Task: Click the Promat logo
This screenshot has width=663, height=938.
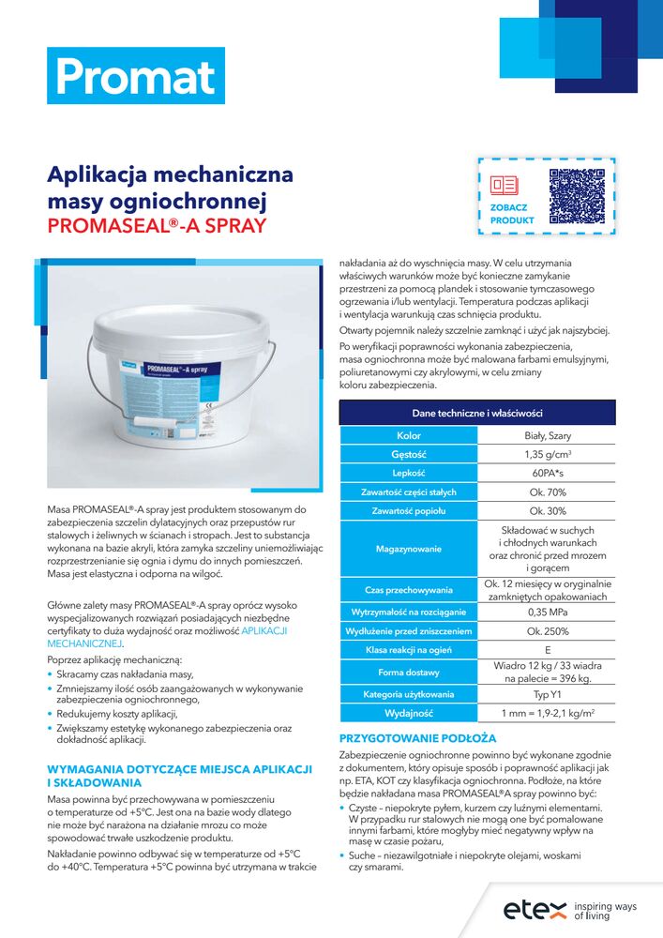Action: tap(135, 76)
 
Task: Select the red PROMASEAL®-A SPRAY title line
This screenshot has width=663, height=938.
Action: tap(157, 226)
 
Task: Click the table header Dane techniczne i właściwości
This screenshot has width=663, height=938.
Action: tap(477, 413)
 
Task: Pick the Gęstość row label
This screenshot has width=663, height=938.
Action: tap(408, 455)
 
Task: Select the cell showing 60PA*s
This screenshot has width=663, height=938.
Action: tap(547, 474)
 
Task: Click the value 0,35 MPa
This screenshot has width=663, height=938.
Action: tap(547, 613)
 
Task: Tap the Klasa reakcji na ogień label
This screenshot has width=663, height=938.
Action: tap(408, 650)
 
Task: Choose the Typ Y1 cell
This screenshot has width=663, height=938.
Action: tap(547, 695)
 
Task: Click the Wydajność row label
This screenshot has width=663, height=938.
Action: tap(408, 714)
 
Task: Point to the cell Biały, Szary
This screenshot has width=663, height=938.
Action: tap(547, 436)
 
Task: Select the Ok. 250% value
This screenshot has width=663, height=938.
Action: tap(547, 631)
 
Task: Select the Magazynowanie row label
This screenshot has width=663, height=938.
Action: tap(408, 549)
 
